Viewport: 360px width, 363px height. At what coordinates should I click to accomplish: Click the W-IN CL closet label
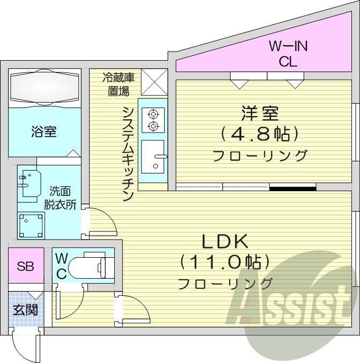coord(288,54)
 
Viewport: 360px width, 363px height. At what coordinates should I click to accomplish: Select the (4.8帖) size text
coord(260,134)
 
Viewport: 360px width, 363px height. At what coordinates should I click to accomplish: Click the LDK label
coord(224,241)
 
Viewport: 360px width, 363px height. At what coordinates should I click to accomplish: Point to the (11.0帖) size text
coord(224,262)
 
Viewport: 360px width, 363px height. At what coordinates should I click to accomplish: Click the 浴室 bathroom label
coord(43,131)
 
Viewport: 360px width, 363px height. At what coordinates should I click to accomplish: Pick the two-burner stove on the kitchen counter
coord(153,120)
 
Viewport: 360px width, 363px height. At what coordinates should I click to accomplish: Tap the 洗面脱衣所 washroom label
coord(63,197)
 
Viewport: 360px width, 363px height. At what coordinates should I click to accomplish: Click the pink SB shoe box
coord(25,266)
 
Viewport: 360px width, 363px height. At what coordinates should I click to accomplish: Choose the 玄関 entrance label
coord(25,310)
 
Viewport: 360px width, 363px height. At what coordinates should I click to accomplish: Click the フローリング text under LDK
coord(225,282)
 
